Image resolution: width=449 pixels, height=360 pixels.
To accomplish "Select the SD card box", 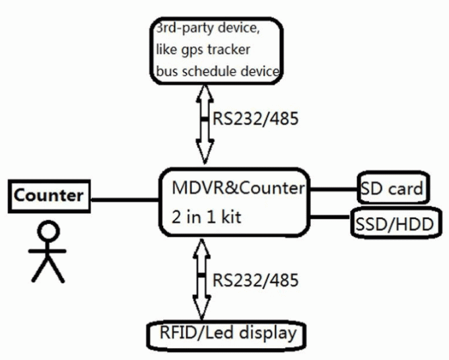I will [x=393, y=190].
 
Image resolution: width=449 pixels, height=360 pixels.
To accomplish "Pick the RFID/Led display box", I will [x=227, y=333].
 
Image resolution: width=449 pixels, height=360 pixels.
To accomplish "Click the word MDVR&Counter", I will [x=238, y=188].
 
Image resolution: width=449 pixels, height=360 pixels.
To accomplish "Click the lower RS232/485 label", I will [x=256, y=279].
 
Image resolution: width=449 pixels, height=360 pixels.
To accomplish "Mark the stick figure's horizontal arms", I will [x=48, y=252].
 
